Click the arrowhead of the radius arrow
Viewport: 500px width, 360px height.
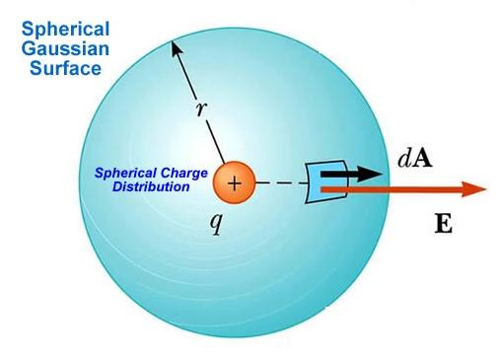click(175, 43)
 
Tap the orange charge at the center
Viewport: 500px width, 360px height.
click(234, 182)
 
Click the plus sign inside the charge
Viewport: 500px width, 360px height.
click(234, 182)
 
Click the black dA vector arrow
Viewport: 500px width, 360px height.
click(345, 174)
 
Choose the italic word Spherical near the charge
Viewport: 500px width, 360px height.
click(127, 173)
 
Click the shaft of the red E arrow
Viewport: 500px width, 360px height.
click(414, 190)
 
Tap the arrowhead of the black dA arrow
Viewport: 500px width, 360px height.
click(372, 174)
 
